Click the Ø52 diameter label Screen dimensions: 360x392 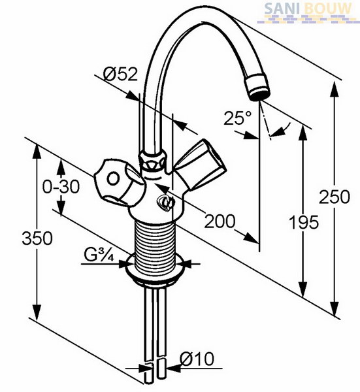pyautogui.click(x=120, y=74)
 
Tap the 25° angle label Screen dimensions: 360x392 pyautogui.click(x=238, y=118)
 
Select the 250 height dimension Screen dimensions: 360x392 pyautogui.click(x=335, y=197)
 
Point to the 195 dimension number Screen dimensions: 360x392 pyautogui.click(x=304, y=222)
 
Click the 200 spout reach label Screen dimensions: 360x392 pyautogui.click(x=220, y=221)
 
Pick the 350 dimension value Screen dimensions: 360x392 pyautogui.click(x=37, y=238)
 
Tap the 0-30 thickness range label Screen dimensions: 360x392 pyautogui.click(x=61, y=186)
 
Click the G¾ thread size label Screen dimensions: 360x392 pyautogui.click(x=99, y=255)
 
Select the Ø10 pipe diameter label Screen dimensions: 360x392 pyautogui.click(x=197, y=359)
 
